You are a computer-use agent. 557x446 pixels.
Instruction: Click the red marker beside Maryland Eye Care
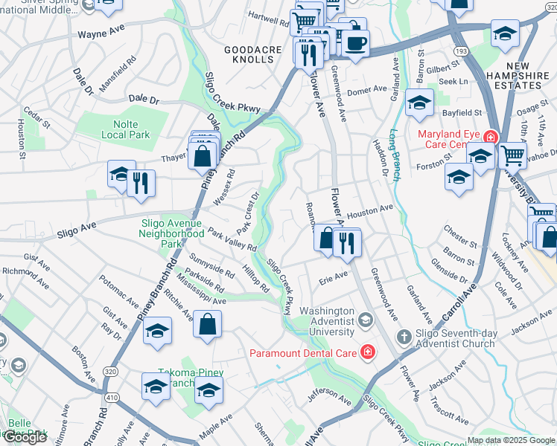(490, 137)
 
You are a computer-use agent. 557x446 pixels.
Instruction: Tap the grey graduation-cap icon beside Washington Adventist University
(365, 320)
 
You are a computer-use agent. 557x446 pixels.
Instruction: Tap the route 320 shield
(110, 371)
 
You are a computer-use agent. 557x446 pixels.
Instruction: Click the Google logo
(25, 437)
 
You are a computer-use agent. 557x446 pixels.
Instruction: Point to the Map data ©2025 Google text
(510, 440)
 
